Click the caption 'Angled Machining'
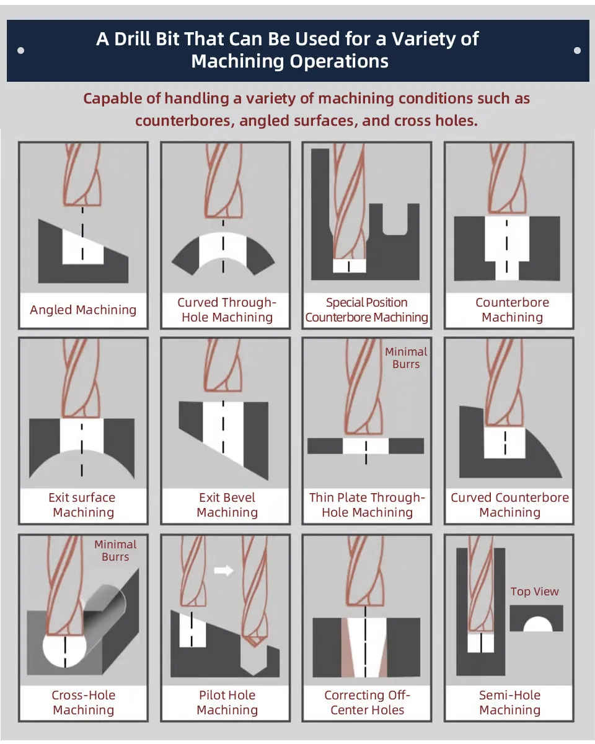pyautogui.click(x=83, y=310)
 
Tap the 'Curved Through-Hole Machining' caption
pyautogui.click(x=227, y=310)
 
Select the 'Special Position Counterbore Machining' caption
pyautogui.click(x=367, y=310)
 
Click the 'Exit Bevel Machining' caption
pyautogui.click(x=227, y=505)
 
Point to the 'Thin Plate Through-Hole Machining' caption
pyautogui.click(x=367, y=505)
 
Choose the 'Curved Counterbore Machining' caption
pyautogui.click(x=509, y=505)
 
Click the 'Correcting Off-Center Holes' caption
pyautogui.click(x=367, y=702)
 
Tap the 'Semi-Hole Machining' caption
pyautogui.click(x=509, y=702)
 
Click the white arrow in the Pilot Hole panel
pyautogui.click(x=223, y=571)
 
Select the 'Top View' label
pyautogui.click(x=534, y=592)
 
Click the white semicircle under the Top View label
pyautogui.click(x=537, y=623)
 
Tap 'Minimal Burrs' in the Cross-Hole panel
pyautogui.click(x=115, y=550)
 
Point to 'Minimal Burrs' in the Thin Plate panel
pyautogui.click(x=406, y=357)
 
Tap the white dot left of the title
pyautogui.click(x=21, y=51)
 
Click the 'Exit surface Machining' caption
pyautogui.click(x=83, y=505)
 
